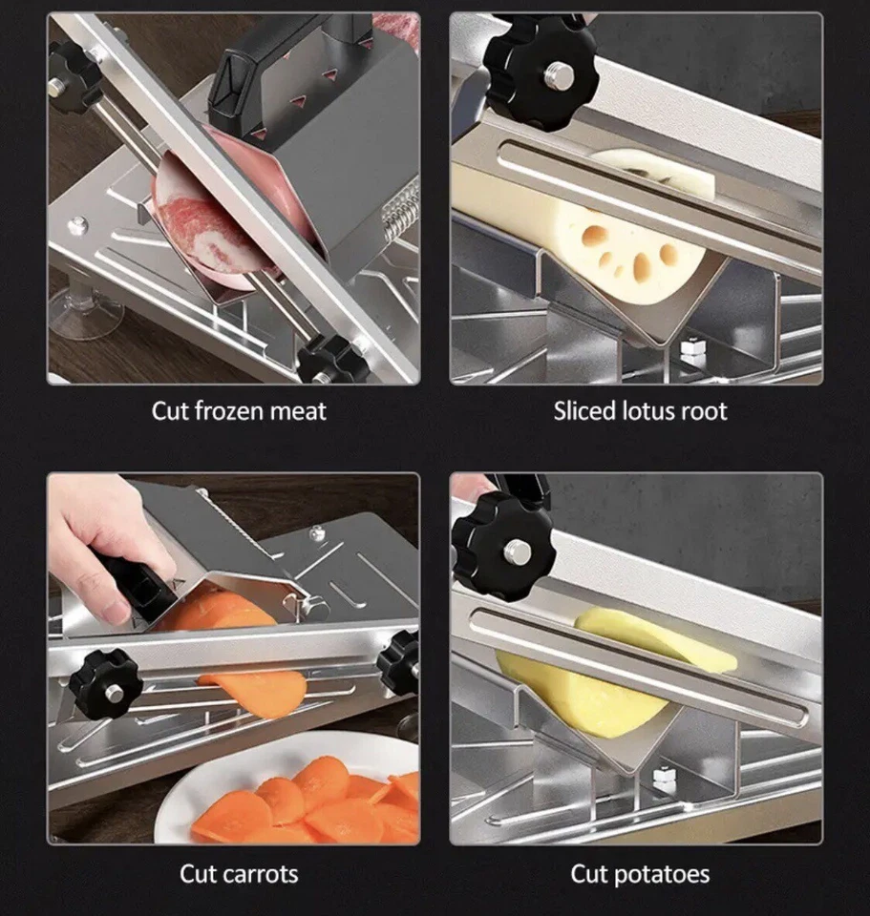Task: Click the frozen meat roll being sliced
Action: [x=205, y=229]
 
